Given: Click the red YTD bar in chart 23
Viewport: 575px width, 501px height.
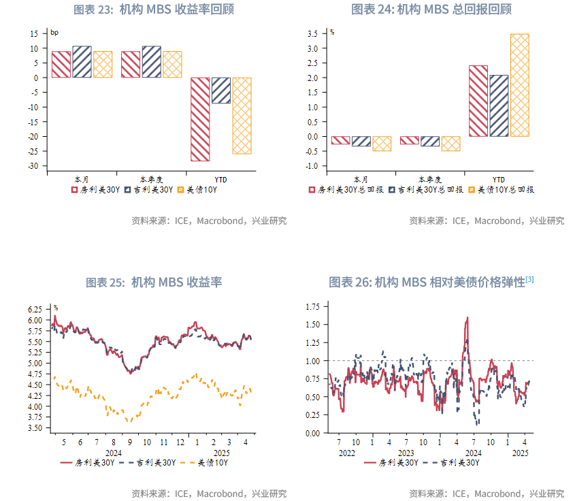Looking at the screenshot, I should pyautogui.click(x=199, y=119).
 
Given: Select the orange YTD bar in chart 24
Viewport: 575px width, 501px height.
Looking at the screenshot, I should pyautogui.click(x=519, y=85).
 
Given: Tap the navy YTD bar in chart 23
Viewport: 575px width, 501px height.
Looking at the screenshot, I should pyautogui.click(x=220, y=91).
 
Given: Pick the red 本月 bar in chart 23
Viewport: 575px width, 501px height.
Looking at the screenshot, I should pyautogui.click(x=61, y=65).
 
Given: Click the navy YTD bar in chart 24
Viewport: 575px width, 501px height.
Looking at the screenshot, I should pyautogui.click(x=499, y=106).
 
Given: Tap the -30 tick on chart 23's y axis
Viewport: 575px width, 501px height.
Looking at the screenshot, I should pyautogui.click(x=35, y=166).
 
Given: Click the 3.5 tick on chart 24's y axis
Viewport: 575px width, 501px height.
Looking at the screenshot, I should pyautogui.click(x=313, y=33).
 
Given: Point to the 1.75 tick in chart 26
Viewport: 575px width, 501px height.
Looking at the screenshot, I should pyautogui.click(x=312, y=307).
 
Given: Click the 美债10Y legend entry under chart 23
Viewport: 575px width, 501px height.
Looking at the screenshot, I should pyautogui.click(x=197, y=190).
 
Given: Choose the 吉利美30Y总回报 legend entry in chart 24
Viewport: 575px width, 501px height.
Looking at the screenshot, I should pyautogui.click(x=427, y=190).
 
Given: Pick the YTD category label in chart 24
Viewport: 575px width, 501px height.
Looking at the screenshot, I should pyautogui.click(x=499, y=179).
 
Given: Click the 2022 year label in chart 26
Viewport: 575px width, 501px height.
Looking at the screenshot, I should pyautogui.click(x=346, y=453).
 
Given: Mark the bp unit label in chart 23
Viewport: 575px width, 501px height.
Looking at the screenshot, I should pyautogui.click(x=54, y=32).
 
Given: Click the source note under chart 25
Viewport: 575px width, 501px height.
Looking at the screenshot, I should pyautogui.click(x=209, y=494).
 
